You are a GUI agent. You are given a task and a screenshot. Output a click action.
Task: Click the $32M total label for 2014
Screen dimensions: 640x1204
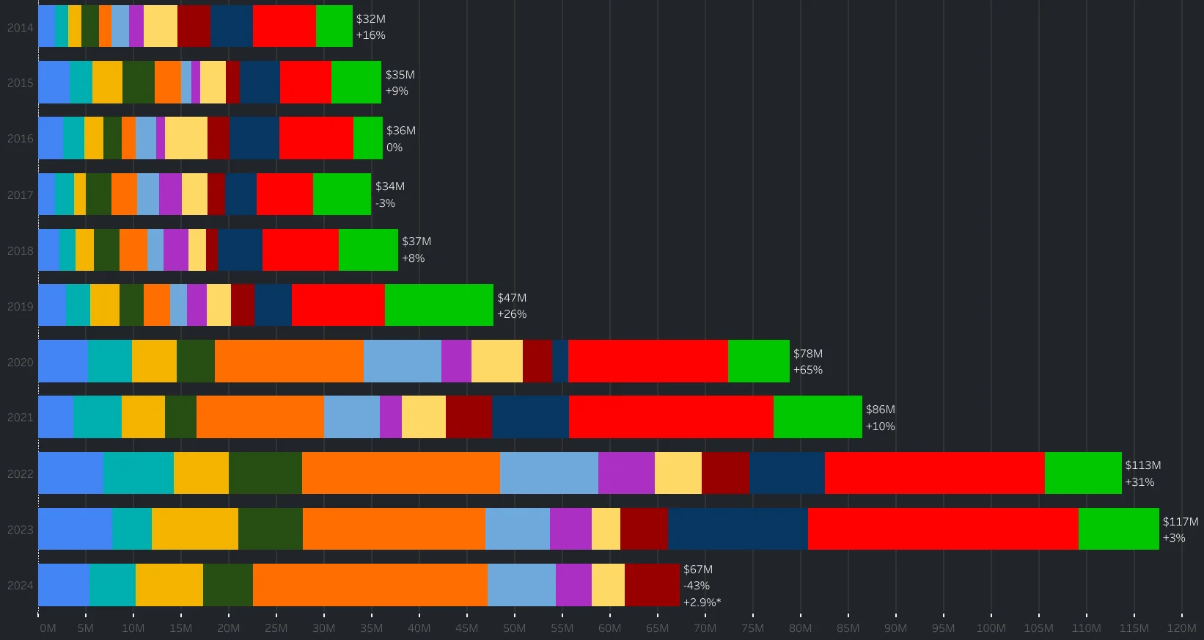370,19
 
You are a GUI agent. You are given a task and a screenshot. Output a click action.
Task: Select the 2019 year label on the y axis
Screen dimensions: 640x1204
20,306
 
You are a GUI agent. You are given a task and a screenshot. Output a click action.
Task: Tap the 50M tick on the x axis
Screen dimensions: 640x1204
514,628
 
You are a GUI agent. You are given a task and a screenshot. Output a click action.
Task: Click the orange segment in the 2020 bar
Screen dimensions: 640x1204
289,361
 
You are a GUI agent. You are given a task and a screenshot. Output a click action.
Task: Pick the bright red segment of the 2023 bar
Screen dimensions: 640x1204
942,528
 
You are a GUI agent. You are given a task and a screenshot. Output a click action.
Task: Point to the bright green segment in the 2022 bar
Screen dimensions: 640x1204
1082,473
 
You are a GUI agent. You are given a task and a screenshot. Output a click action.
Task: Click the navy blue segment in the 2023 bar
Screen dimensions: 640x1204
737,528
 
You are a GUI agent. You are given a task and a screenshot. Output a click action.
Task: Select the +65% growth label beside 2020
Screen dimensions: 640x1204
807,370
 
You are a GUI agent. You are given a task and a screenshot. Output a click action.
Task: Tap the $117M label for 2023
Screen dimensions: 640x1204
1180,521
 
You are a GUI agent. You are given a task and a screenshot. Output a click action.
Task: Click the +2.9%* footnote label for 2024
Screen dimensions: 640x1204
702,602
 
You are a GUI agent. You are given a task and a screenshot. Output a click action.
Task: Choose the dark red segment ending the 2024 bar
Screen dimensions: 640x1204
652,585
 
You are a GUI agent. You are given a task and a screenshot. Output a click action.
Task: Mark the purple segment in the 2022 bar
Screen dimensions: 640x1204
625,473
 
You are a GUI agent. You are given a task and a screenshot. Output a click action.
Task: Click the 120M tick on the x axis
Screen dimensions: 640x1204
1181,628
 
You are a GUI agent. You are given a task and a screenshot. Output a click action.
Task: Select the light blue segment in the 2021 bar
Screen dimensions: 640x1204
351,417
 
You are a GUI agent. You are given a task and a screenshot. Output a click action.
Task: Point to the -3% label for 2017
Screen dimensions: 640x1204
385,203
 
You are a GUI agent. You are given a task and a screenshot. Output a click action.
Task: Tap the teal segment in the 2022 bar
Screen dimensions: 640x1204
138,473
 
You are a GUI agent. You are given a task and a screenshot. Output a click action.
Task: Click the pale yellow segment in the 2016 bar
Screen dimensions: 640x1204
186,138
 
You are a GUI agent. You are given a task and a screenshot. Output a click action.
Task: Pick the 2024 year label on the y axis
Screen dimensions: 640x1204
20,585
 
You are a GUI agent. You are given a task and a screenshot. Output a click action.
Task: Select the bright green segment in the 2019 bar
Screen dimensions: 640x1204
438,305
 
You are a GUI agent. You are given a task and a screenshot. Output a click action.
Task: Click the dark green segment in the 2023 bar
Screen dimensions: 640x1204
270,528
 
